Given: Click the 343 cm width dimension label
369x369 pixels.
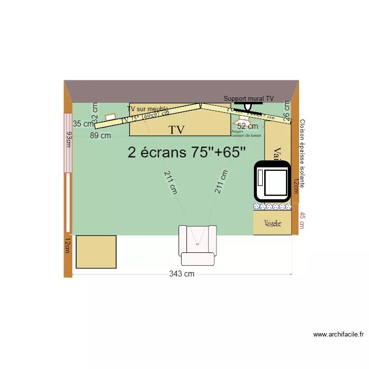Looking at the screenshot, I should [182, 274].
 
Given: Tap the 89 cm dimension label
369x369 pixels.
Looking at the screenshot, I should [100, 136].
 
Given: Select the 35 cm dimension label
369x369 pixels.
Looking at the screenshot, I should [83, 123].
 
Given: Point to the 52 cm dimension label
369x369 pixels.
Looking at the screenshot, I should [247, 126].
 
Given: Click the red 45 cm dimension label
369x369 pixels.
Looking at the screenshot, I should [302, 220].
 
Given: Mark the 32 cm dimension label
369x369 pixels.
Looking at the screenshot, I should [95, 112].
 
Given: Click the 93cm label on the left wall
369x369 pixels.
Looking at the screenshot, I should [69, 139].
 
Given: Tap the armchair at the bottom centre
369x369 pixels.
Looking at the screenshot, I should [197, 244].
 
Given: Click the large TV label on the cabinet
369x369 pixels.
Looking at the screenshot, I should [177, 130].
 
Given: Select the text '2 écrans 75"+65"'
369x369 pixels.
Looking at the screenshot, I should [186, 152].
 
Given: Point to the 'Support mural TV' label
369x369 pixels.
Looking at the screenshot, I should [248, 98].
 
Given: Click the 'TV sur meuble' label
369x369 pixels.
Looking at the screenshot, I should [148, 109].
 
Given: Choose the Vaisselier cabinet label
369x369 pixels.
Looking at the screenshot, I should [273, 223].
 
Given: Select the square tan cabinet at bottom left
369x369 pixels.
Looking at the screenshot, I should [96, 251].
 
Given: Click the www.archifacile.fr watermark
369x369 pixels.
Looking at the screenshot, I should [338, 335].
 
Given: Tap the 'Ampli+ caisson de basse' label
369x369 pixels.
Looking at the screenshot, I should [246, 133].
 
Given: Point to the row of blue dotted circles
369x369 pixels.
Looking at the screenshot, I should [272, 206].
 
